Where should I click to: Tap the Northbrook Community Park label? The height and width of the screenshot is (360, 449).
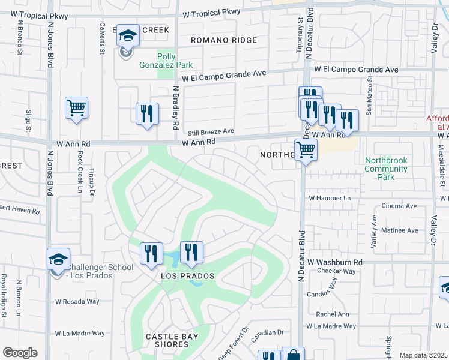click(x=387, y=169)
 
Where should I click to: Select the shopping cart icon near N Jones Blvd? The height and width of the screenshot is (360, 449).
click(x=76, y=109)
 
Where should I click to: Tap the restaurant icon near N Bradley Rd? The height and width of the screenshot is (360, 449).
click(x=148, y=113)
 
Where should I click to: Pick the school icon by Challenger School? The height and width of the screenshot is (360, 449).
click(x=58, y=259)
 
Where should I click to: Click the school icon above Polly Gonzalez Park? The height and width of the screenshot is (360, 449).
click(x=127, y=36)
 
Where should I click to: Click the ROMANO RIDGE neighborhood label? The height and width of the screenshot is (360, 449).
click(x=224, y=40)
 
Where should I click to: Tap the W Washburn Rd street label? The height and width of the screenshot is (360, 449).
click(x=335, y=263)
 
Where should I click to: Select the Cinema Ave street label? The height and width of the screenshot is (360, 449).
click(x=399, y=206)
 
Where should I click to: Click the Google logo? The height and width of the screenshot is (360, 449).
click(x=20, y=353)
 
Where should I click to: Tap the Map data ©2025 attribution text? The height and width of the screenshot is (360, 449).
click(x=423, y=355)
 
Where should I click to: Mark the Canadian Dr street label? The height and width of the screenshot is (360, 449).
click(x=267, y=332)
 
